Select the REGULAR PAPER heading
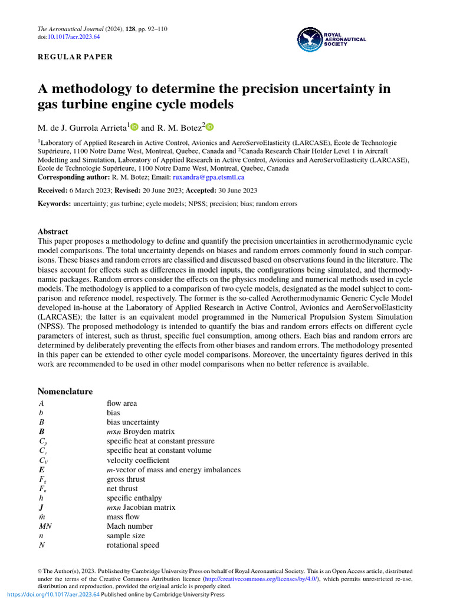pyautogui.click(x=75, y=57)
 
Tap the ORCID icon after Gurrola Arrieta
pyautogui.click(x=134, y=127)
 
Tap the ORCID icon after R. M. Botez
pyautogui.click(x=210, y=127)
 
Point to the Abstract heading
pyautogui.click(x=52, y=232)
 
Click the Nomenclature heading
pyautogui.click(x=65, y=392)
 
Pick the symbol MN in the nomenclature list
pyautogui.click(x=45, y=526)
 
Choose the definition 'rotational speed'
pyautogui.click(x=133, y=545)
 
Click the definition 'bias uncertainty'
pyautogui.click(x=133, y=422)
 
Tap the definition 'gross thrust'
pyautogui.click(x=126, y=479)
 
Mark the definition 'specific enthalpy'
pyautogui.click(x=134, y=498)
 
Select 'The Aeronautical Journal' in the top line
pyautogui.click(x=70, y=28)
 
